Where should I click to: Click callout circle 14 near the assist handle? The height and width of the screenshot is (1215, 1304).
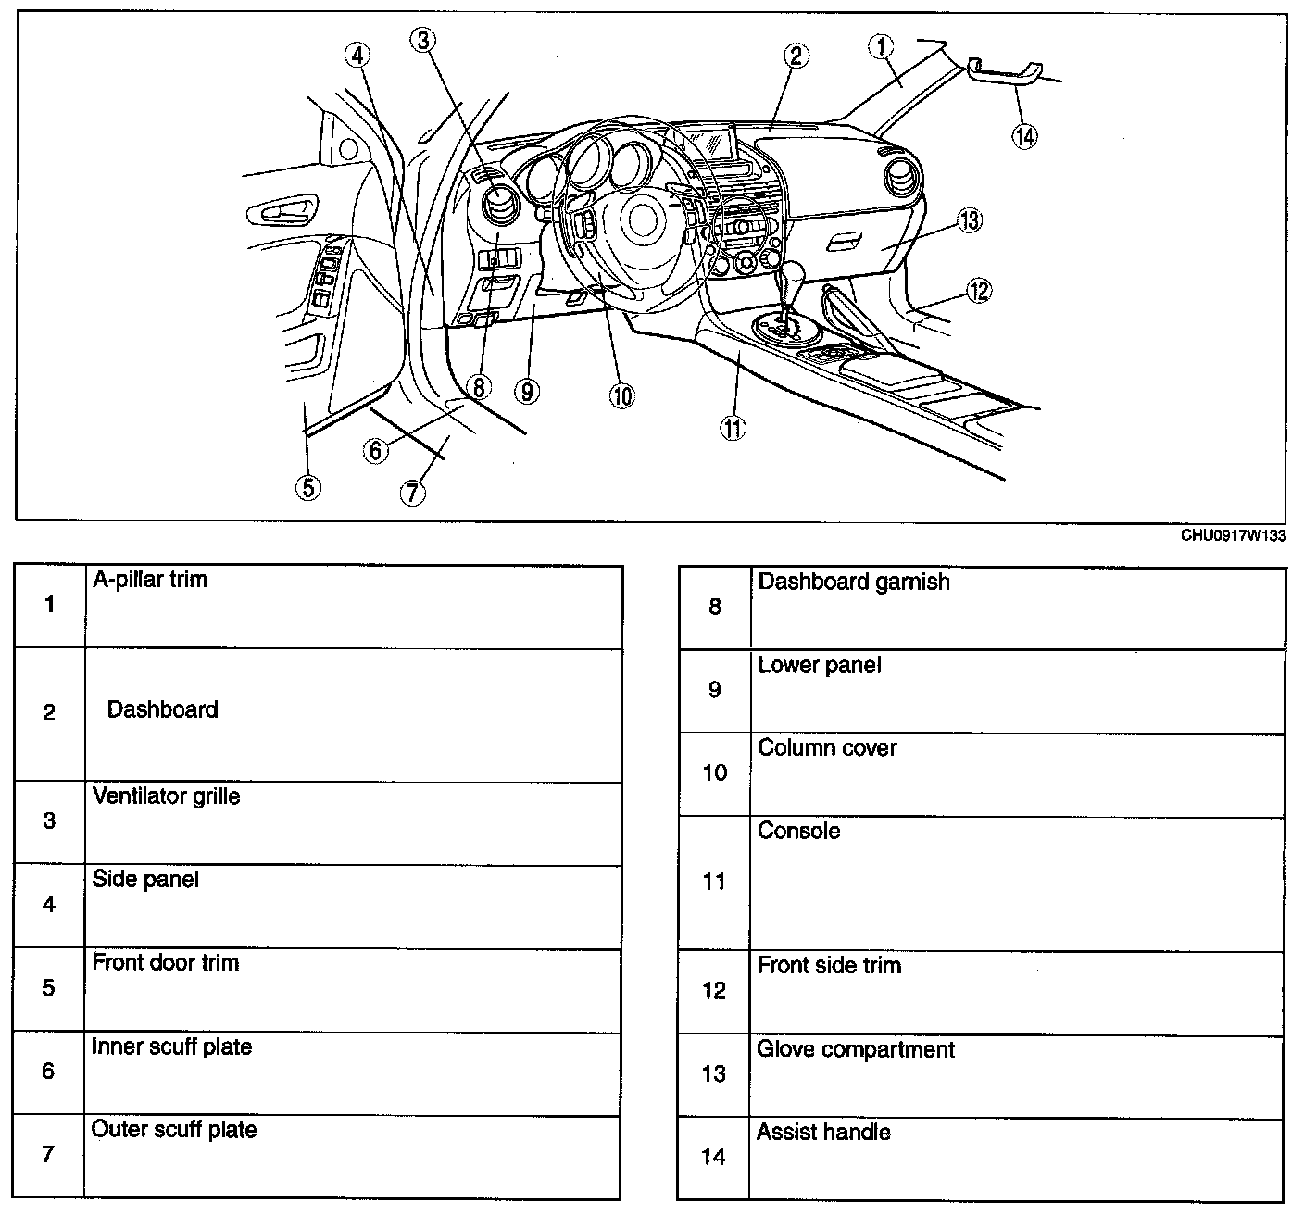(1024, 136)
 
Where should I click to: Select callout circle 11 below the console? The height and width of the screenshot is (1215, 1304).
(733, 427)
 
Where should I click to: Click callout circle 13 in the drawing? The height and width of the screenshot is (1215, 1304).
(969, 221)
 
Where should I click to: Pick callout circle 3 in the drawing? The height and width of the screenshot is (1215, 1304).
(423, 40)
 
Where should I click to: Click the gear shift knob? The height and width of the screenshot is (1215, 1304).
(793, 277)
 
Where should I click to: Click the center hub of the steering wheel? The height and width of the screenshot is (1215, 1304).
(638, 219)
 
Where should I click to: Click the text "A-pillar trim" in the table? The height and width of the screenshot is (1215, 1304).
(150, 580)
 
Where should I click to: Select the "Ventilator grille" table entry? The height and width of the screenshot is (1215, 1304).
(167, 796)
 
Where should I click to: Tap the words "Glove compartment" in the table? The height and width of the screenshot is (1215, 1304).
(856, 1050)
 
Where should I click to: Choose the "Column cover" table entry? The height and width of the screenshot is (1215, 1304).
(827, 748)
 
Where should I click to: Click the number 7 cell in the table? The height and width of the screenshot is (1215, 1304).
(49, 1155)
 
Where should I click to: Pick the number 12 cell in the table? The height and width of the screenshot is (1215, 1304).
(714, 991)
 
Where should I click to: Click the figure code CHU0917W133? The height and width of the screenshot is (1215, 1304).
(1233, 535)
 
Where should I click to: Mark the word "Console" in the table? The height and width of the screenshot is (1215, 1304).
(799, 831)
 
